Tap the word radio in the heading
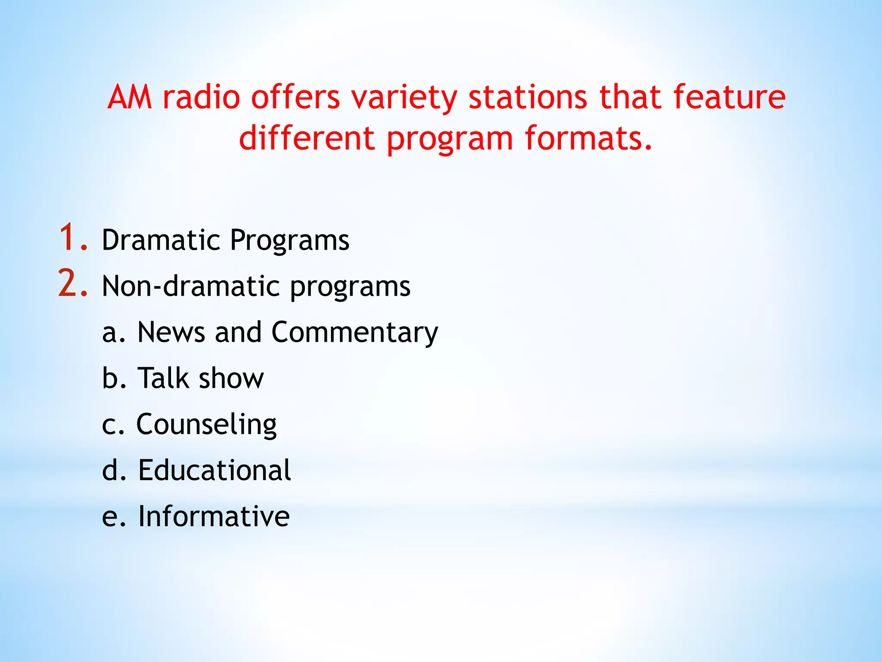(x=201, y=97)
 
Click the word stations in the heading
(x=528, y=97)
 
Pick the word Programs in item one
(x=289, y=240)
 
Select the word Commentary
(x=354, y=333)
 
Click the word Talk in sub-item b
(x=163, y=378)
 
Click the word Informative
(x=214, y=516)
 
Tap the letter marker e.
(x=110, y=517)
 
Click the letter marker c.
(x=110, y=426)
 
